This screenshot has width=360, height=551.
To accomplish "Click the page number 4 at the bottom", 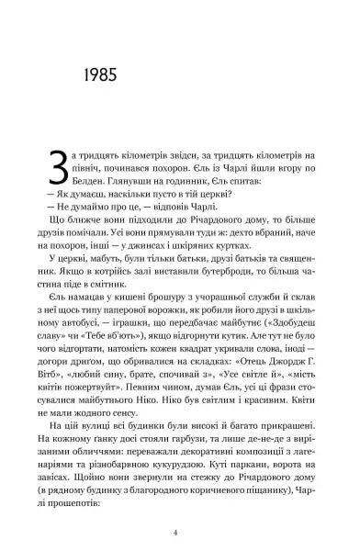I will pos(180,530).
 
